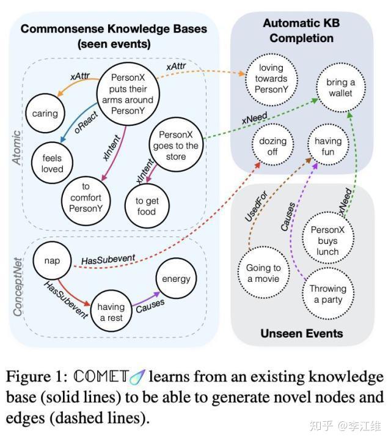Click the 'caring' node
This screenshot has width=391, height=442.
pyautogui.click(x=46, y=113)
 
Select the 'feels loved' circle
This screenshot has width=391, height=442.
pyautogui.click(x=53, y=163)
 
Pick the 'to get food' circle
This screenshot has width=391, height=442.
pyautogui.click(x=146, y=205)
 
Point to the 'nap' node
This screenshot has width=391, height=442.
pyautogui.click(x=53, y=260)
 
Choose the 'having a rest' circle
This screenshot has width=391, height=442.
pyautogui.click(x=111, y=311)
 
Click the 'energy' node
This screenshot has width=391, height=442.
pyautogui.click(x=176, y=279)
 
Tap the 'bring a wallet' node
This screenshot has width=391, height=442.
pyautogui.click(x=340, y=87)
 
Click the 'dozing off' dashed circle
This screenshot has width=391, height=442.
pyautogui.click(x=273, y=147)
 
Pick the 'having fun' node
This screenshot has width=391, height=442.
pyautogui.click(x=328, y=146)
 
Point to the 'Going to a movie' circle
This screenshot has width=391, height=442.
pyautogui.click(x=263, y=273)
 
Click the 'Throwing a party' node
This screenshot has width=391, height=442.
pyautogui.click(x=327, y=294)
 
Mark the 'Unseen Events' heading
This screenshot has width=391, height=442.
pyautogui.click(x=302, y=333)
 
